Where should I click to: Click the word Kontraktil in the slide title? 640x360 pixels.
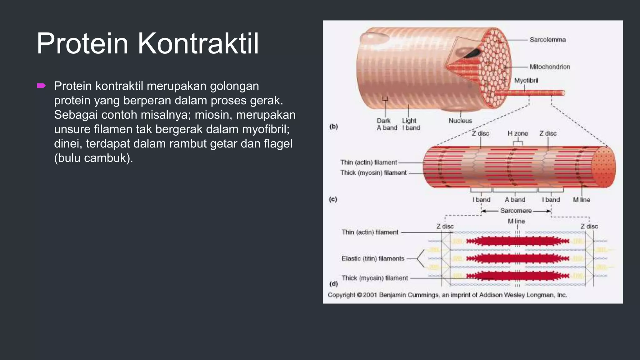point(198,44)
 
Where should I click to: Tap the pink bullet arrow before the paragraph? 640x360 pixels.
point(41,86)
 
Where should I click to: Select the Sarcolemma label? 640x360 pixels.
point(547,40)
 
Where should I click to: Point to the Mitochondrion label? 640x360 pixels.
point(550,67)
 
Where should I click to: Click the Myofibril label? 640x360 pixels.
point(526,81)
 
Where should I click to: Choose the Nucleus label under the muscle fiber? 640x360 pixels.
point(460,121)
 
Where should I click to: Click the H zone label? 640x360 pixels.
point(518,133)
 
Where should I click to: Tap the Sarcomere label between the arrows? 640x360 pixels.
point(516,211)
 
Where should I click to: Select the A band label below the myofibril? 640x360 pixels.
point(515,200)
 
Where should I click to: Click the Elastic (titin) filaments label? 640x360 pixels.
point(373,259)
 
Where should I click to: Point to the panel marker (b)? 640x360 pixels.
point(334,127)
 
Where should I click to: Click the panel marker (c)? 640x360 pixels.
point(333,199)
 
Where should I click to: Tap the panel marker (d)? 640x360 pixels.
point(334,284)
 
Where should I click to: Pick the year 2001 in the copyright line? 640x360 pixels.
point(370,295)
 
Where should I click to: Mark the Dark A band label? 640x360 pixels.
point(386,124)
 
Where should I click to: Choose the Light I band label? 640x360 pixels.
point(411,124)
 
